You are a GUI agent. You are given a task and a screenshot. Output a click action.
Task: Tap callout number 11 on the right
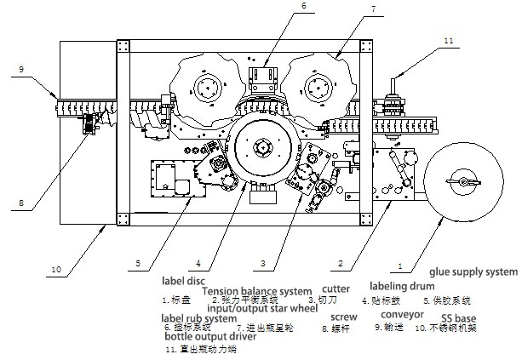pyautogui.click(x=449, y=39)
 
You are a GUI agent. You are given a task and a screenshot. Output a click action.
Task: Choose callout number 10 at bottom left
pyautogui.click(x=56, y=270)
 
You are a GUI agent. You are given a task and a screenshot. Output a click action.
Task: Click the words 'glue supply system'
pyautogui.click(x=473, y=271)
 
